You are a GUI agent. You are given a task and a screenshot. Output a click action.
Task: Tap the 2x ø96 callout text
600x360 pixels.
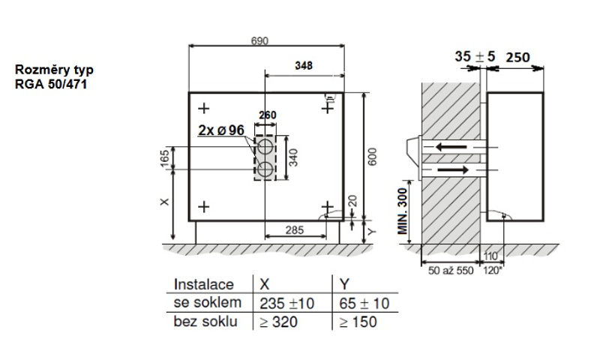(222, 130)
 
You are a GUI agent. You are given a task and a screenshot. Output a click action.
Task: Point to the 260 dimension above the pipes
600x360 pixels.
(267, 115)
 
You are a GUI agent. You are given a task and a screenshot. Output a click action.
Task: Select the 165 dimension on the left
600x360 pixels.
(165, 157)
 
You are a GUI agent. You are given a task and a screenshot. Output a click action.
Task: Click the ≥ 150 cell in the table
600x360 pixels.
(357, 322)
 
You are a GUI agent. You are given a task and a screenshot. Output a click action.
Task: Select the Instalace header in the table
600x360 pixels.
(204, 285)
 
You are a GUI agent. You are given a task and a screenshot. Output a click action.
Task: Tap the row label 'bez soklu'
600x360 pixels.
(206, 322)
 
